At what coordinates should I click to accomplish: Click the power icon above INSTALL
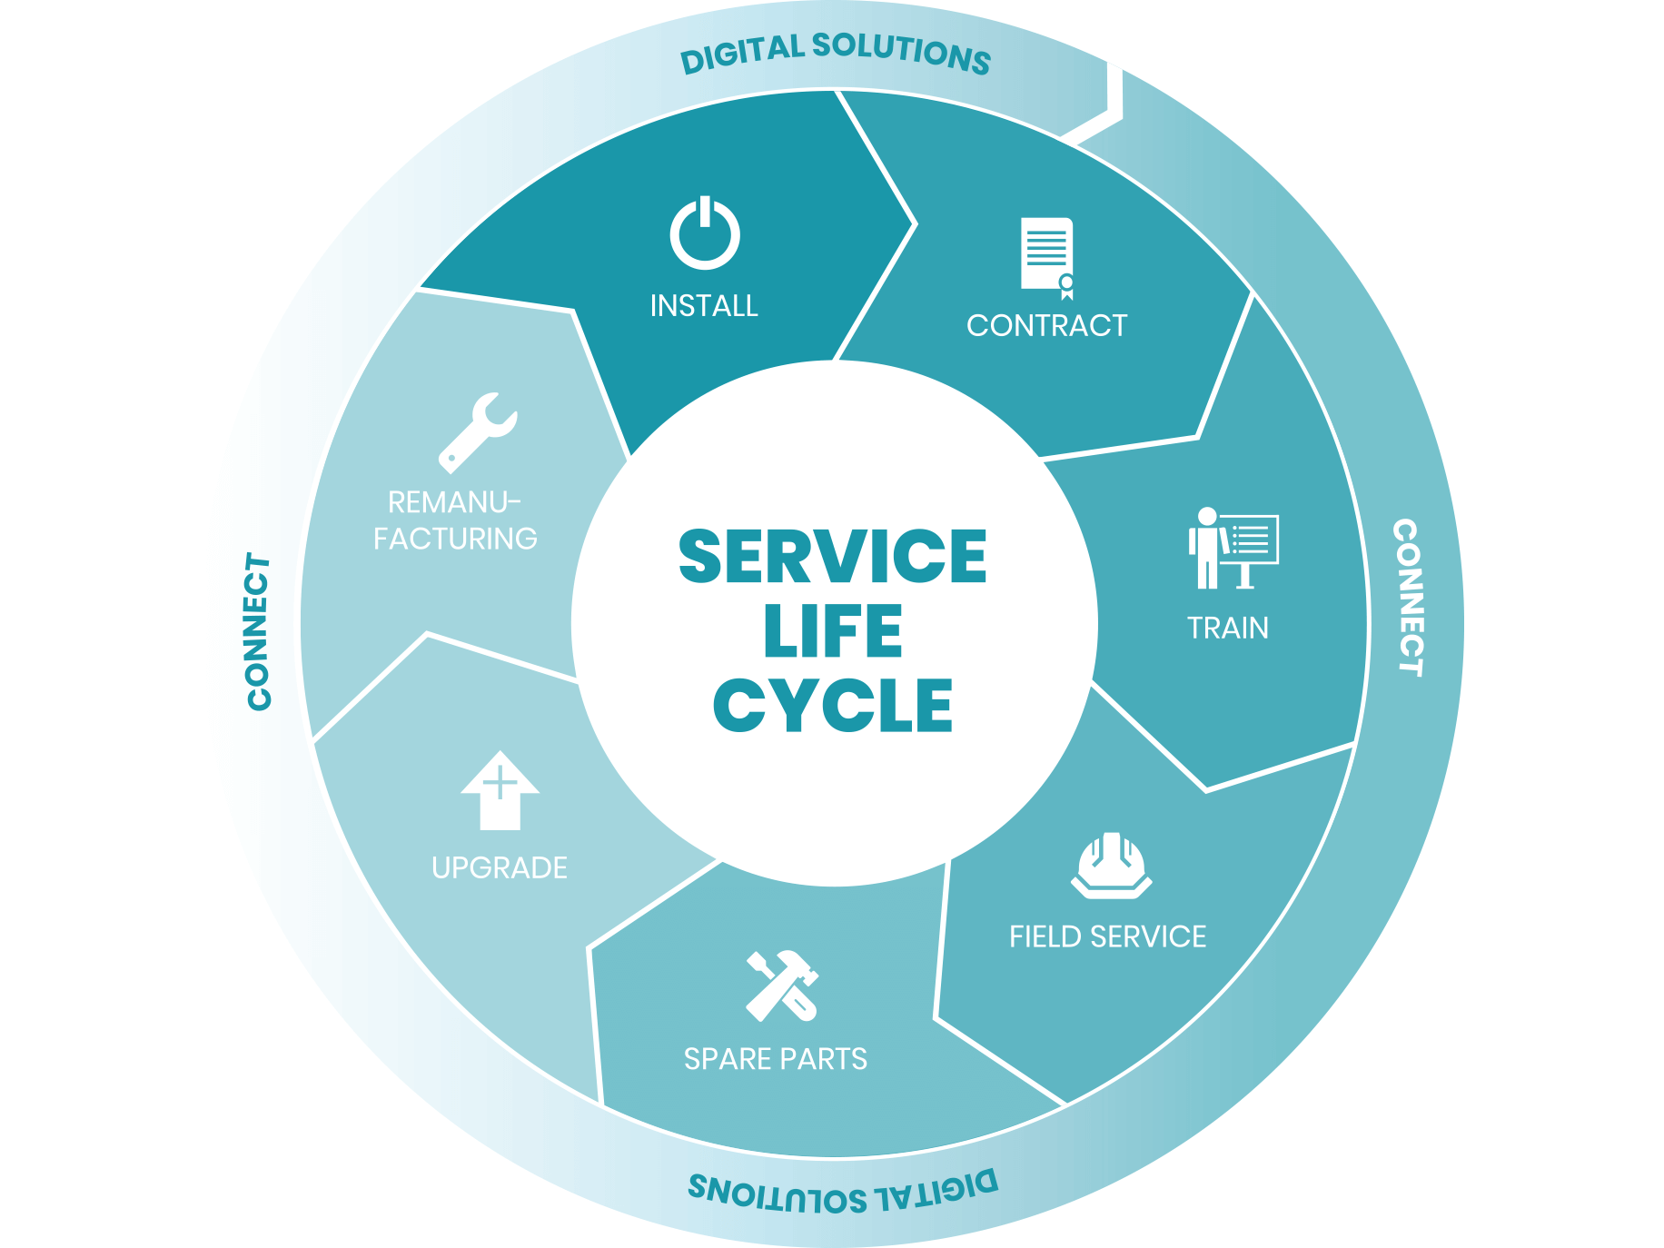[705, 233]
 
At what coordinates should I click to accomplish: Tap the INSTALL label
[704, 306]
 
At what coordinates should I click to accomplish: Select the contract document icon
[1047, 257]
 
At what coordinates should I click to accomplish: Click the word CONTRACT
[1046, 325]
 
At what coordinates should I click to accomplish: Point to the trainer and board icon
[1232, 548]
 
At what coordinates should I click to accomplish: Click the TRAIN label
[1228, 628]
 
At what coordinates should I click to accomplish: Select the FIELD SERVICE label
[1107, 936]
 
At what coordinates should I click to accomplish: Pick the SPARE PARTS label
[776, 1059]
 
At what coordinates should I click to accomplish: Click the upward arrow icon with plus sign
[500, 789]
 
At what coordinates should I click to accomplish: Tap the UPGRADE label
[500, 867]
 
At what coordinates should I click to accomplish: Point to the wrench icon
[478, 432]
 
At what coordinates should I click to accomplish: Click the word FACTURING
[455, 539]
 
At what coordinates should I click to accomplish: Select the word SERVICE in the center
[832, 557]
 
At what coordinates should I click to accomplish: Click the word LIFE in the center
[832, 631]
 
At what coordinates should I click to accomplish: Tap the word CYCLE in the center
[832, 706]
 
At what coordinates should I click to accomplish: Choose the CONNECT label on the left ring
[260, 631]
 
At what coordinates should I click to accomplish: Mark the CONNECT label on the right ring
[1407, 598]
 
